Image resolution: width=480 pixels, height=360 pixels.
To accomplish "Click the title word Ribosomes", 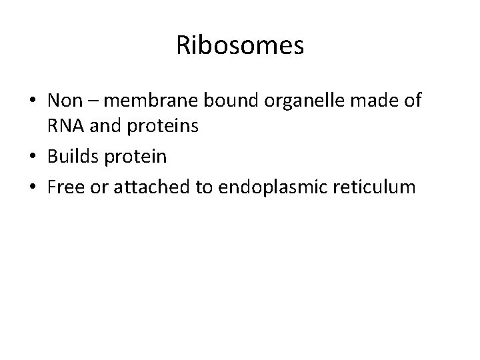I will tap(240, 45).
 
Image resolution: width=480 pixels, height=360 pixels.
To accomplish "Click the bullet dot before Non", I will tap(33, 102).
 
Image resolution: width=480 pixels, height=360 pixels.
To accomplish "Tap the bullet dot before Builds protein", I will tap(33, 158).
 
